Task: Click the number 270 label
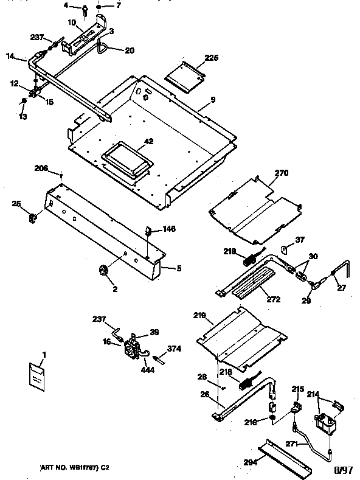point(280,173)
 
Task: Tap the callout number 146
point(168,230)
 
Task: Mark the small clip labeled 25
point(35,217)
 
